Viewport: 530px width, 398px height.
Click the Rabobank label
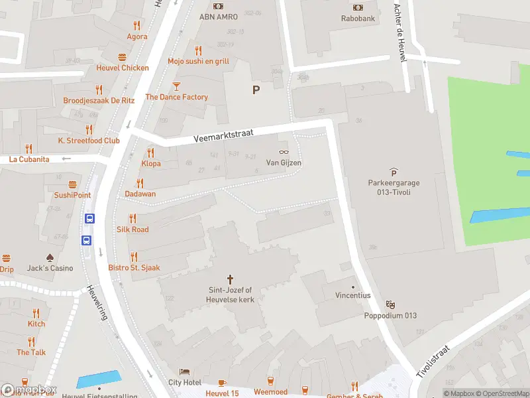pos(358,19)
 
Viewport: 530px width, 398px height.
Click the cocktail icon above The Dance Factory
pos(176,86)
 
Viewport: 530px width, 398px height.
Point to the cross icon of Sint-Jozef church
pos(231,279)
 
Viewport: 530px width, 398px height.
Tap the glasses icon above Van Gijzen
pos(284,151)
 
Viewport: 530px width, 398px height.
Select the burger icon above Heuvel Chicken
pos(122,57)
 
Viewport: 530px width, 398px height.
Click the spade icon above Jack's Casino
pos(50,257)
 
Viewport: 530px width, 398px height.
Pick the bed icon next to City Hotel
pos(184,371)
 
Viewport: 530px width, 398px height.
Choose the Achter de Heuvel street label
pos(399,32)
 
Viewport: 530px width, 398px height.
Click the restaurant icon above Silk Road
pos(132,218)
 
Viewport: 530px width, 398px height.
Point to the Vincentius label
pos(352,295)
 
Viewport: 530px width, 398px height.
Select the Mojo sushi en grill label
pos(198,61)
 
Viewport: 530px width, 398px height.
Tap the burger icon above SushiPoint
pos(73,184)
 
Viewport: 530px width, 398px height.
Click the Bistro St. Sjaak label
pos(134,268)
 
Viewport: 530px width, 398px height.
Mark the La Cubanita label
pos(29,159)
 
